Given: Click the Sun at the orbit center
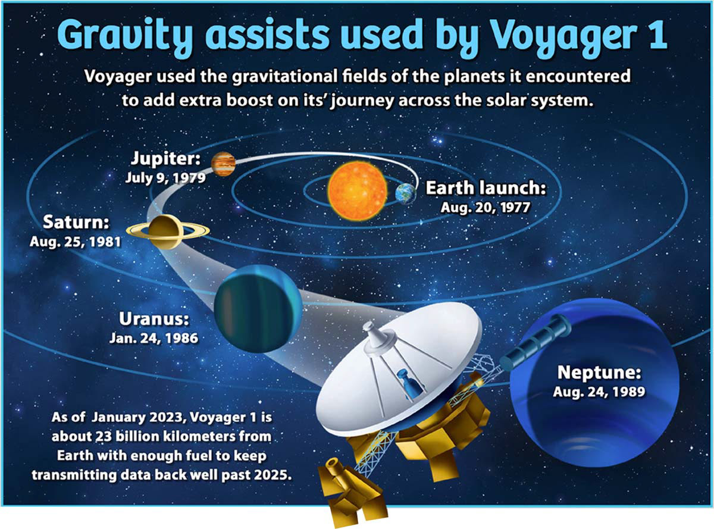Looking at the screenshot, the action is click(x=358, y=190).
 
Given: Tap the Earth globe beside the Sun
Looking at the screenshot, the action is click(x=406, y=194).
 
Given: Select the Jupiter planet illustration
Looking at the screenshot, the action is click(x=223, y=164).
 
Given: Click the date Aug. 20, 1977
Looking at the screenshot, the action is click(x=485, y=208).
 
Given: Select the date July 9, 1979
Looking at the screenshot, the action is click(x=165, y=178).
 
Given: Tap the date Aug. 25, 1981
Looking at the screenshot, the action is click(x=76, y=242).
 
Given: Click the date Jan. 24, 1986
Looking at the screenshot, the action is click(x=154, y=338).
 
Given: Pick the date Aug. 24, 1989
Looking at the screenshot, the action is click(x=599, y=392).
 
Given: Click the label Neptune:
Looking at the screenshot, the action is click(x=599, y=372).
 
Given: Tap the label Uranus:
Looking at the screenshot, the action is click(x=154, y=319).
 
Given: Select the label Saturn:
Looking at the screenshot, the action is click(x=76, y=222).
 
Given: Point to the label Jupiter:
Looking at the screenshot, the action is click(x=165, y=158).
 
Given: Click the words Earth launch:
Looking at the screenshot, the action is click(x=486, y=187).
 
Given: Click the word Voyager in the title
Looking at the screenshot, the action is click(x=563, y=36).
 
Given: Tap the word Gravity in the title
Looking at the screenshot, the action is click(x=125, y=36).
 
